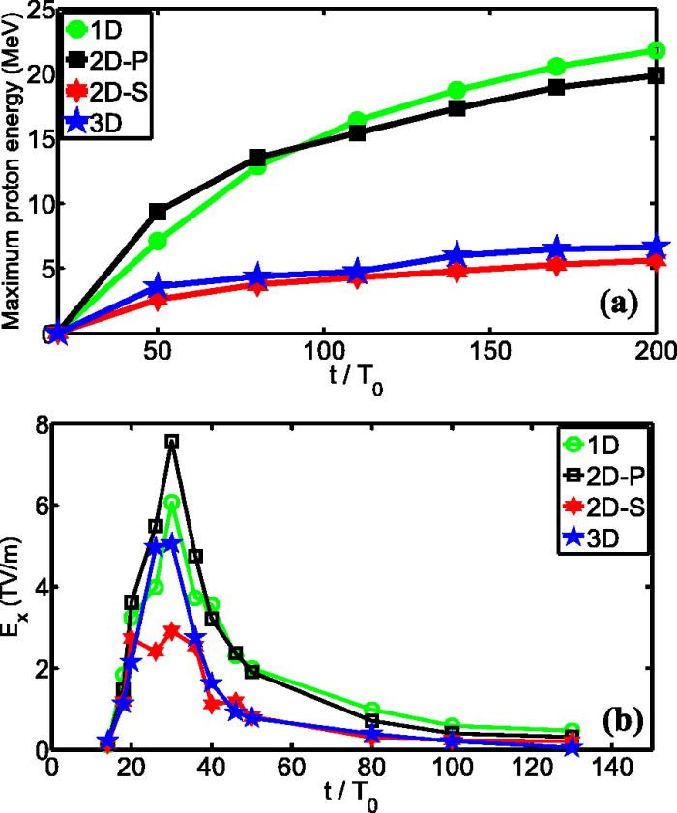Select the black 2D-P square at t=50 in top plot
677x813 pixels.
158,212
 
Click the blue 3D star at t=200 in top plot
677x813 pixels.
656,248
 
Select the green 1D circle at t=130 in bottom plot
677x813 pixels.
572,731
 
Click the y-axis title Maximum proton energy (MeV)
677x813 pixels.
14,169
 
